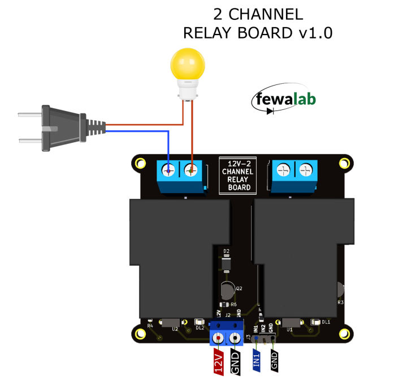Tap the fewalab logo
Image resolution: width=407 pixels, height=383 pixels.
coord(284,100)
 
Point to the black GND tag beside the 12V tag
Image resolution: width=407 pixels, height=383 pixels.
coord(236,362)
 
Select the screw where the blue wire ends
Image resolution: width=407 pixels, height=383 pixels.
coord(169,169)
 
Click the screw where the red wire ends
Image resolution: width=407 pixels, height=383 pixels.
coord(192,169)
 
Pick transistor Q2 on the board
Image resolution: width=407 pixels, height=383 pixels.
coord(227,291)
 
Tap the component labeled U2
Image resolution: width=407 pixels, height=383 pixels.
coord(170,324)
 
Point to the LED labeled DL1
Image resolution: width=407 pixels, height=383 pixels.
coord(314,322)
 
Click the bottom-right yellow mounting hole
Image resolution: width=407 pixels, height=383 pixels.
coord(343,333)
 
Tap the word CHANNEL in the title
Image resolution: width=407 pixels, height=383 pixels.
coord(258,14)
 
